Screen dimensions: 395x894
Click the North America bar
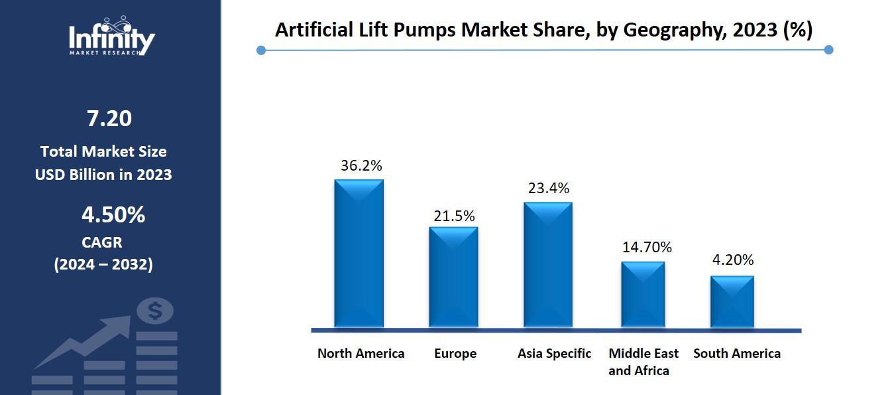tap(359, 254)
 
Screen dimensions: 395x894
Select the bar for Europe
tap(453, 277)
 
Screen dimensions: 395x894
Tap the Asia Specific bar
tap(548, 264)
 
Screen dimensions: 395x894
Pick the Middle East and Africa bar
tap(643, 294)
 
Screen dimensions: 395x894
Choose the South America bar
tap(732, 301)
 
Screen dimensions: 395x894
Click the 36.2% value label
tap(361, 166)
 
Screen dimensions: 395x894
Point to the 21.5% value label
tap(454, 216)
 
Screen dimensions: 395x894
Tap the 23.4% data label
tap(548, 189)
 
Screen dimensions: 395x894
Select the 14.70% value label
tap(647, 248)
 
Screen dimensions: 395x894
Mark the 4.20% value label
tap(733, 260)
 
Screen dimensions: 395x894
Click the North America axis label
tap(361, 353)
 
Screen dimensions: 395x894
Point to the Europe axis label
tap(455, 354)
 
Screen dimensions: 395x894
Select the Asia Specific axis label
tap(554, 353)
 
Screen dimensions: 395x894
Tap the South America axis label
tap(737, 353)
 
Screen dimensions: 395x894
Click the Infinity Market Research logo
tap(111, 37)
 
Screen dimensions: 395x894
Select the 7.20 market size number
tap(109, 119)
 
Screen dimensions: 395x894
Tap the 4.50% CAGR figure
tap(113, 215)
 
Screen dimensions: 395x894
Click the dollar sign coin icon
tap(156, 311)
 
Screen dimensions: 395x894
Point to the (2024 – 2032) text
tap(103, 264)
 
